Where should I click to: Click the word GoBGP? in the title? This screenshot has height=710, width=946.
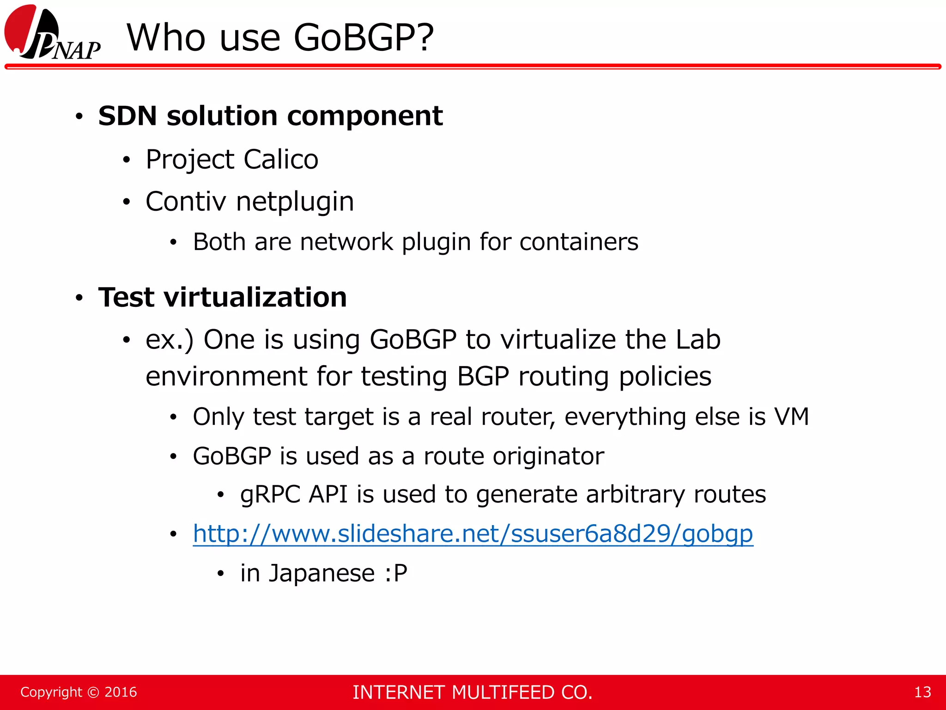pyautogui.click(x=364, y=37)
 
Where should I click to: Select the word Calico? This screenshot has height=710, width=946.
pyautogui.click(x=281, y=159)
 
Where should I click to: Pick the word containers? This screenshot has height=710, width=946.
pyautogui.click(x=579, y=242)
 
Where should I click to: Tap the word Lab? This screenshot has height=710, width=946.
pyautogui.click(x=697, y=340)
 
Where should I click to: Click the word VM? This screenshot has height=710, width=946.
pyautogui.click(x=792, y=416)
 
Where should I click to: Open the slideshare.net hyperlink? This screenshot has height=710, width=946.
pyautogui.click(x=473, y=534)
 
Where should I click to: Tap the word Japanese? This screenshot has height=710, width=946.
pyautogui.click(x=321, y=574)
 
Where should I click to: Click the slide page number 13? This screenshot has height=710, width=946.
pyautogui.click(x=922, y=692)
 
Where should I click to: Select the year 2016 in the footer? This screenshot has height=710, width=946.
pyautogui.click(x=121, y=692)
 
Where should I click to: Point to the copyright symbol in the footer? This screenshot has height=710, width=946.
pyautogui.click(x=93, y=692)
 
